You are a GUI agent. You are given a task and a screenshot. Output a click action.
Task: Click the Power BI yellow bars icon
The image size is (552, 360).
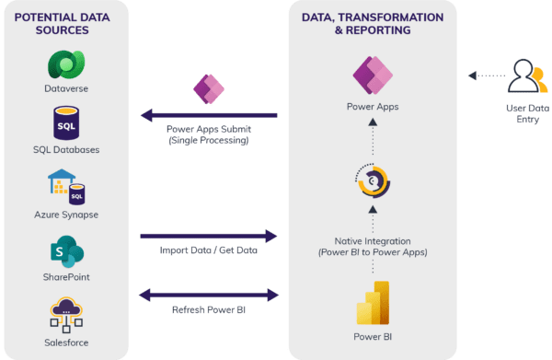tap(373, 300)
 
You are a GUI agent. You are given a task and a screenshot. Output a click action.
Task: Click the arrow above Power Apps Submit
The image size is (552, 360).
tap(208, 115)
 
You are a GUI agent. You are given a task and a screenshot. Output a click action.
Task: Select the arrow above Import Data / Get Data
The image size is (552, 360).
tap(208, 236)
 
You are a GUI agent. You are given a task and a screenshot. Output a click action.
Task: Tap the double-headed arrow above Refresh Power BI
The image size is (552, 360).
tap(208, 296)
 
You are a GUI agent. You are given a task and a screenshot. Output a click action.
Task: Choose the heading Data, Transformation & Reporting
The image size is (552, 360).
tap(373, 23)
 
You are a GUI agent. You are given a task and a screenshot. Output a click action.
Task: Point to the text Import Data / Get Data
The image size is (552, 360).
tap(208, 250)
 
